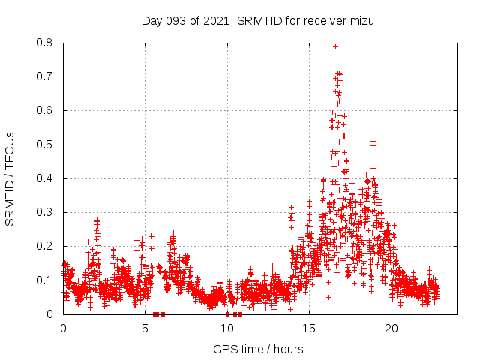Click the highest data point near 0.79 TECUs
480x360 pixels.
coord(335,46)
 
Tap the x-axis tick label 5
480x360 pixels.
coord(145,328)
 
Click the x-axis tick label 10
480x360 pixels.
coord(227,328)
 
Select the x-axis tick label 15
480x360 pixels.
coord(309,328)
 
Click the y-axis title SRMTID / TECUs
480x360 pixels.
coord(10,178)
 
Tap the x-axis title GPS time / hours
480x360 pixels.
coord(258,349)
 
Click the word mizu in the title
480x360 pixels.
coord(361,20)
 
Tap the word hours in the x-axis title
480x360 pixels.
coord(288,349)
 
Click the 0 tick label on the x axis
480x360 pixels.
coord(63,328)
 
